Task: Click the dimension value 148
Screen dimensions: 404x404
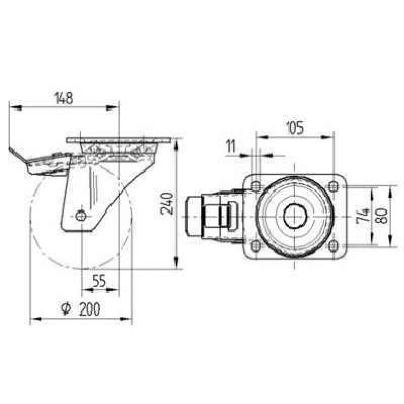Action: point(64,98)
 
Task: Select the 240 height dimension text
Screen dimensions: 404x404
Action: point(167,204)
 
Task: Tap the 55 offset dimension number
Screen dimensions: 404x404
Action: point(99,281)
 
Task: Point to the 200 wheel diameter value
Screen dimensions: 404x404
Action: point(89,309)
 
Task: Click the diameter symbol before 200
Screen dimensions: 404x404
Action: point(66,309)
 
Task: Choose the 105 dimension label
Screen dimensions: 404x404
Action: point(295,128)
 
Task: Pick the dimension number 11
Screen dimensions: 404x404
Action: point(231,146)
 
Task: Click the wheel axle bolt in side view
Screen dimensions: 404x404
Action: point(81,216)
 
